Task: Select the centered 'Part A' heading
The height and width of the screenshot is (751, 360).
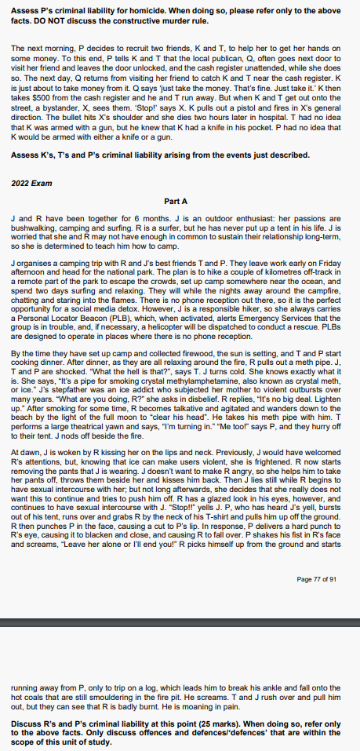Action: pyautogui.click(x=180, y=200)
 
